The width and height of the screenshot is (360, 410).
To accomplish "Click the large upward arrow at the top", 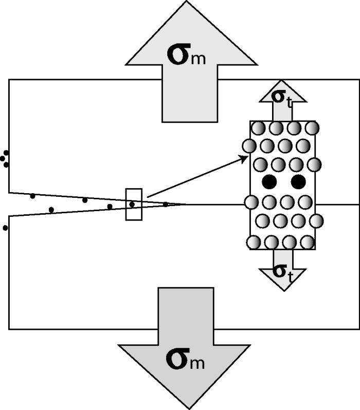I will click(x=191, y=77).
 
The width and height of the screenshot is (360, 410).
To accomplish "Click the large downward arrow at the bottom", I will click(x=185, y=329).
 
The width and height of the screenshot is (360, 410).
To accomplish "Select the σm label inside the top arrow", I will click(x=186, y=54).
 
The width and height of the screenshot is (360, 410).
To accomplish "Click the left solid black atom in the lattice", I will click(x=268, y=181).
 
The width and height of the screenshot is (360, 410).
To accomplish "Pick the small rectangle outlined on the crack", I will click(x=134, y=204).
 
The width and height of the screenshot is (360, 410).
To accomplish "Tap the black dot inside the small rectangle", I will click(x=132, y=204).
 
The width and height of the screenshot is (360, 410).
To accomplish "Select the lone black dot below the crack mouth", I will click(x=5, y=228).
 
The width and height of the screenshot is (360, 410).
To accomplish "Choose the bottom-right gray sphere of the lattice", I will click(x=308, y=241).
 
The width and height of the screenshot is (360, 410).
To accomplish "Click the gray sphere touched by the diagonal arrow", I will click(x=249, y=147).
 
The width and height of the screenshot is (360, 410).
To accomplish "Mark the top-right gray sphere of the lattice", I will click(x=309, y=128).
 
